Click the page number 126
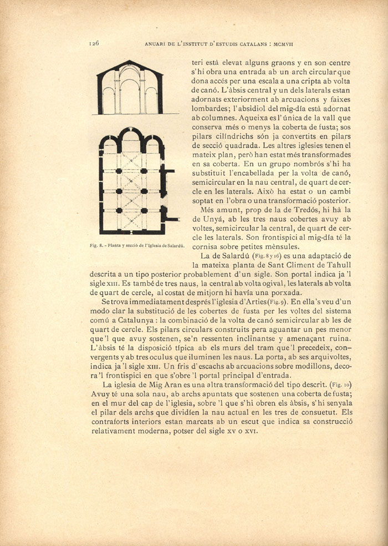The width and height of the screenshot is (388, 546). pyautogui.click(x=93, y=42)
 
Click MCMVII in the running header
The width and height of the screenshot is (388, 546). pyautogui.click(x=288, y=42)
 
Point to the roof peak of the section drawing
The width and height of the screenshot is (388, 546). pyautogui.click(x=129, y=61)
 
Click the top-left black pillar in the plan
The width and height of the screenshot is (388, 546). pyautogui.click(x=119, y=171)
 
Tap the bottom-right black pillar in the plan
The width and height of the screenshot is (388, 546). pyautogui.click(x=144, y=211)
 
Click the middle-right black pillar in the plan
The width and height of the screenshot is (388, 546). pyautogui.click(x=144, y=191)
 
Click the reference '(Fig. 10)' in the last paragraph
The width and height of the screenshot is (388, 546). pyautogui.click(x=340, y=384)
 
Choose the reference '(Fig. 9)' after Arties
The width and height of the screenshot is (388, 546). pyautogui.click(x=276, y=301)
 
